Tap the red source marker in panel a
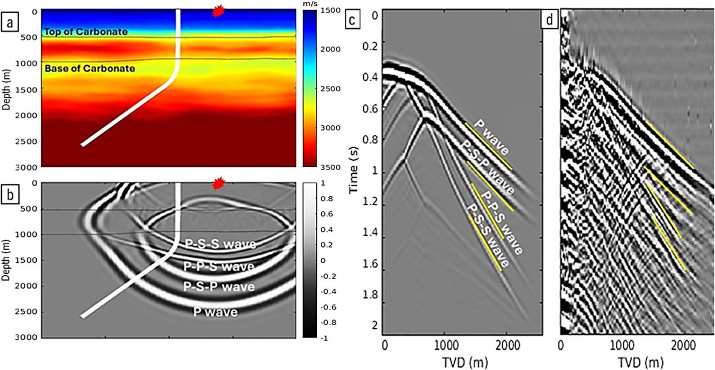click(x=218, y=11)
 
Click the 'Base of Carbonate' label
click(x=89, y=69)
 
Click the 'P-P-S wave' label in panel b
click(x=219, y=267)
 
